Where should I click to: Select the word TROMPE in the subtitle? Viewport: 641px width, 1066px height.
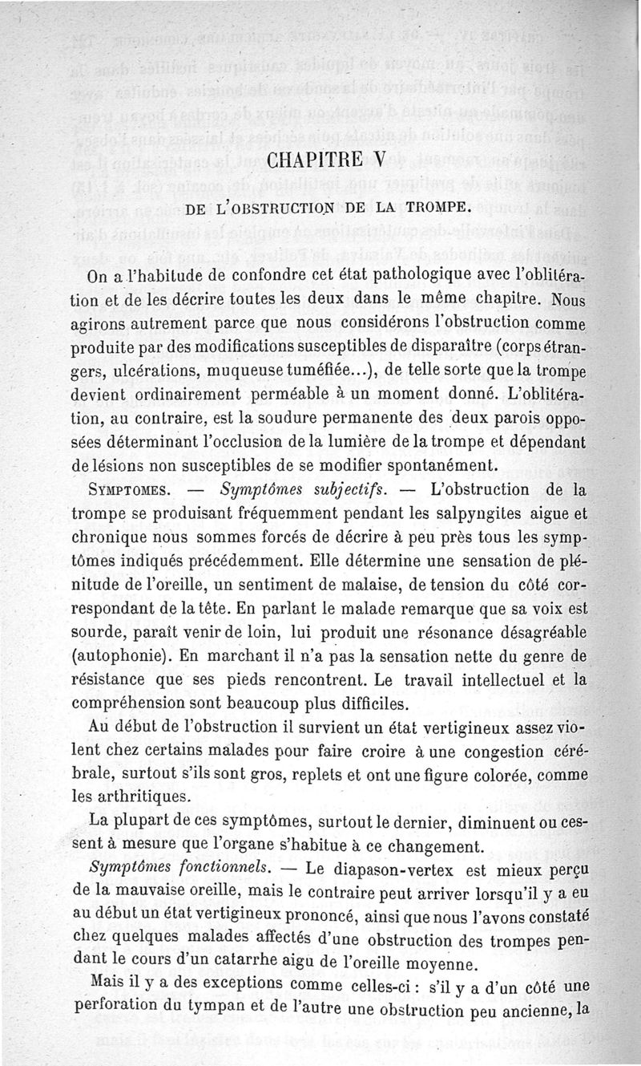click(431, 210)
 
